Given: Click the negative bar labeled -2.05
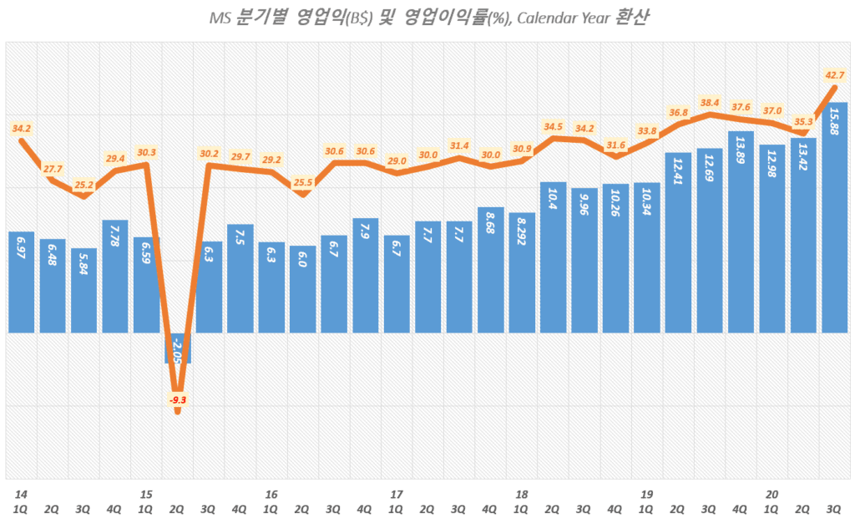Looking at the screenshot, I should (x=178, y=347).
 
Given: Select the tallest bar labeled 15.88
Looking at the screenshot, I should (x=835, y=217).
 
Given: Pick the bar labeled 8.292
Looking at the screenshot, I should (x=522, y=272).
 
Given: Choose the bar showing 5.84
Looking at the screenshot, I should (x=83, y=290).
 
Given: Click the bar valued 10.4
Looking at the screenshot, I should (x=554, y=257).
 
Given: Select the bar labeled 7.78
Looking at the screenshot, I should (x=115, y=276).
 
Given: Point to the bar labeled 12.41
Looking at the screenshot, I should (x=679, y=242).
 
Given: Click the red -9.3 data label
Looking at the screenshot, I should (x=178, y=400).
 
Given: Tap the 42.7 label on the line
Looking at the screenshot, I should (x=835, y=76).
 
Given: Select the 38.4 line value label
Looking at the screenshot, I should (x=710, y=103).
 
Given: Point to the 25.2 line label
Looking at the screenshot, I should (x=83, y=184).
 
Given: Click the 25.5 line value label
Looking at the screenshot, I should (x=303, y=182).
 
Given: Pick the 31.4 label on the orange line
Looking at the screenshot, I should (x=459, y=145).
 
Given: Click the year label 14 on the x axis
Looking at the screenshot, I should (x=19, y=494).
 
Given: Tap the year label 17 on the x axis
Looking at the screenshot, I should (x=397, y=494).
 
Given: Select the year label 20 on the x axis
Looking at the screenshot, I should (x=772, y=494).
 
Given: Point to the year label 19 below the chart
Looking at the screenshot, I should (x=647, y=494).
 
